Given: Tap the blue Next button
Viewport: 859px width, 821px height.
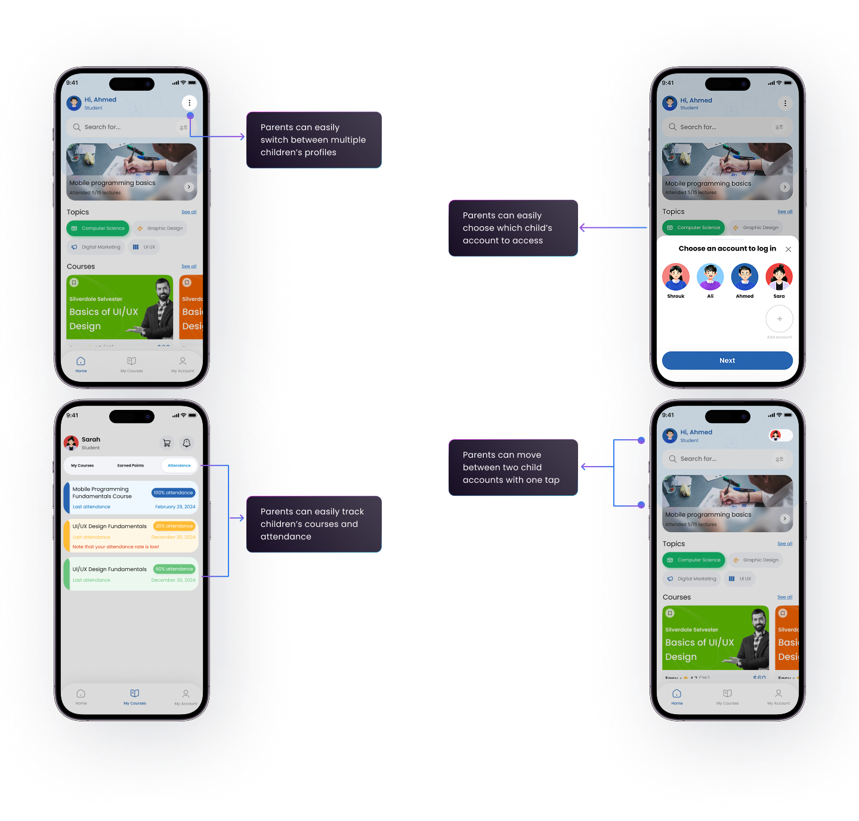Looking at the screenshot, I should click(727, 360).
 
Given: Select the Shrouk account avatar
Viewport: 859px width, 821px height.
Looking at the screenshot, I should click(676, 277).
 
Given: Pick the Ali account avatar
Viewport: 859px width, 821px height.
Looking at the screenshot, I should click(710, 277).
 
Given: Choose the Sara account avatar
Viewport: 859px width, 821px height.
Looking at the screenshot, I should click(779, 277).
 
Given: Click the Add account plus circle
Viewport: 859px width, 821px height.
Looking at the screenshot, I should click(779, 319).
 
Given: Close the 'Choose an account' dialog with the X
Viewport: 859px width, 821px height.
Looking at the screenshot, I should click(788, 249).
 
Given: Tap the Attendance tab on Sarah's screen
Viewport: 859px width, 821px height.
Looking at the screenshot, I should click(179, 465).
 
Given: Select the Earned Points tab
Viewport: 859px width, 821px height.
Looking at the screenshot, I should click(131, 465).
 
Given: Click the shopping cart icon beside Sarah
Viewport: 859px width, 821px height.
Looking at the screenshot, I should click(167, 443).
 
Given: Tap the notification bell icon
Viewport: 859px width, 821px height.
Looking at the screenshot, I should click(187, 443).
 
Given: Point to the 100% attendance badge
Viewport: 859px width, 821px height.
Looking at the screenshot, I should click(173, 493).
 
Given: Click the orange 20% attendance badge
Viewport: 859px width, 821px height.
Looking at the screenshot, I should click(174, 526).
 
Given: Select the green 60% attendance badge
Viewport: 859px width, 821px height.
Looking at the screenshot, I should click(174, 569).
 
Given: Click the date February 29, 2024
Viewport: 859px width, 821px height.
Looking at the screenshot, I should click(175, 507).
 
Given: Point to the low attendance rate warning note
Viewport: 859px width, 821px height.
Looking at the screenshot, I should click(116, 547).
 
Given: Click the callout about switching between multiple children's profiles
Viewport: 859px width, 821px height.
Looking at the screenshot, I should click(314, 140).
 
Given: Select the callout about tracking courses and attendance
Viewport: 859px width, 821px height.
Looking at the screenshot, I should click(314, 524).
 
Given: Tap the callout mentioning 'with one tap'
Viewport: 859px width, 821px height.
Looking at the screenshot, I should click(513, 468).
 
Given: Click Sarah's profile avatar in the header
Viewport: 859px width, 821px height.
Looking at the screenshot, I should click(72, 443).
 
